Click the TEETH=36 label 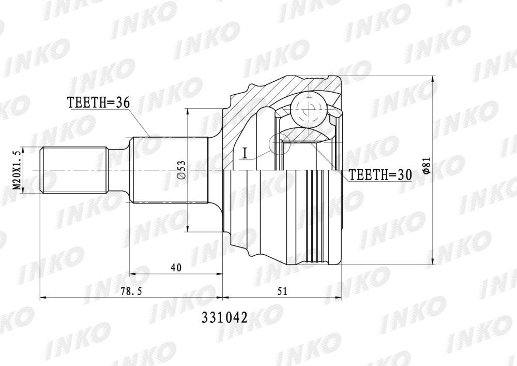[98, 103]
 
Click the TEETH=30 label [381, 175]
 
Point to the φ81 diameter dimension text [425, 165]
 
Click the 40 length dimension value [176, 267]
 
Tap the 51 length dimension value [283, 291]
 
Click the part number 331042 [224, 318]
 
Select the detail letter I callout [245, 153]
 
